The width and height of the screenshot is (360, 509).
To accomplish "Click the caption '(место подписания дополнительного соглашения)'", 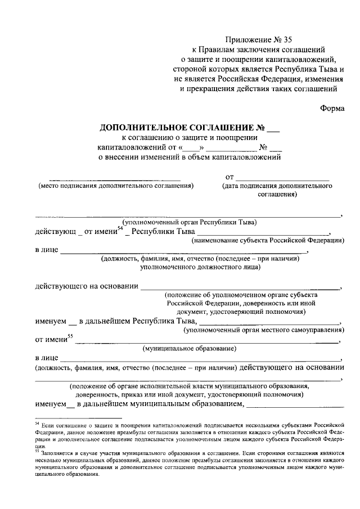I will pos(116,186).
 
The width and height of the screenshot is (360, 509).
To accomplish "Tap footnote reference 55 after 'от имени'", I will pos(70,336).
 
